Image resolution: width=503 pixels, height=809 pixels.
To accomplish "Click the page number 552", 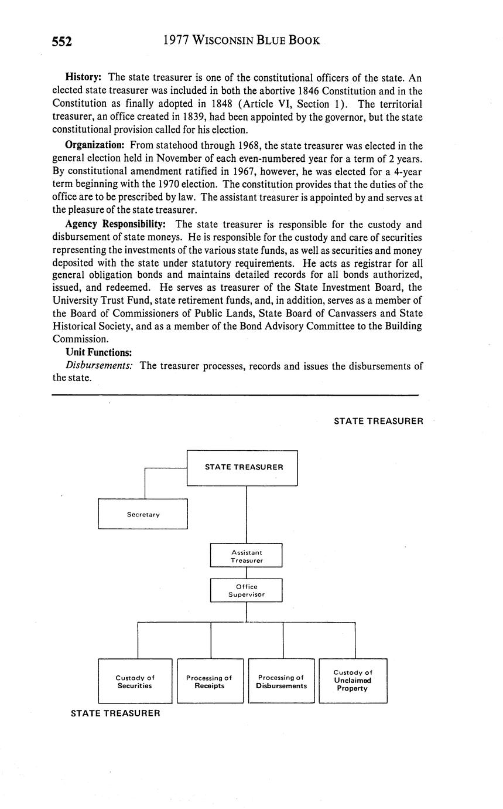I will tap(61, 41).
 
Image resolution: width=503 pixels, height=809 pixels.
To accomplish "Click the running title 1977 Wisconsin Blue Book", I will tap(241, 40).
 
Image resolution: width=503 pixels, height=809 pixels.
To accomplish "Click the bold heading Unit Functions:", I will tap(98, 352).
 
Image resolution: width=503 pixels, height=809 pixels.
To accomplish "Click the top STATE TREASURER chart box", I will tap(242, 468).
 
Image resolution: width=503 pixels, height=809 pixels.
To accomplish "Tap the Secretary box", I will tap(143, 514).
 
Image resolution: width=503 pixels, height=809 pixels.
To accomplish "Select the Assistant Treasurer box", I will tap(246, 556).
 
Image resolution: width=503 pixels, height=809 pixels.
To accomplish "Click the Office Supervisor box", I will tap(246, 590).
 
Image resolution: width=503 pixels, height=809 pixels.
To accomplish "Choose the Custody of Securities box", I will tap(135, 681).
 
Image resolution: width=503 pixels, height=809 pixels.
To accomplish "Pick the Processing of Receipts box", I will tap(210, 681).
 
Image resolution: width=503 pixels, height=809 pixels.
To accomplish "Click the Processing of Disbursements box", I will tap(281, 681).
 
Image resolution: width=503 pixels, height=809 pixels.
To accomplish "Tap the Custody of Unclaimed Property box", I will tap(353, 681).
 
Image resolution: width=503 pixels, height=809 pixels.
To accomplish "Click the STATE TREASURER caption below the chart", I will tap(115, 713).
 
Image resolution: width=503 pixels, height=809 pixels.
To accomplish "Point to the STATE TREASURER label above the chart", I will tap(378, 420).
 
